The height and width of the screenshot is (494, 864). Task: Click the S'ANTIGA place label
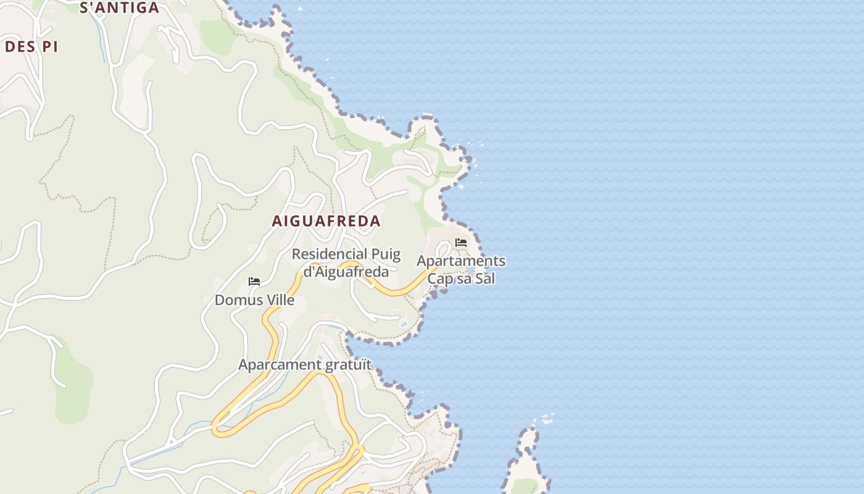(x=120, y=8)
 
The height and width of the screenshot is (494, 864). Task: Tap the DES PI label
(x=31, y=47)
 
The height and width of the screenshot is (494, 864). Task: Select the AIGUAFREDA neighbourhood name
(x=326, y=221)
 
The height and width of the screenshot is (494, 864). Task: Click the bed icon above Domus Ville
(x=254, y=282)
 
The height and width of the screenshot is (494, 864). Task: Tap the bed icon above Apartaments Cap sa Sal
(x=460, y=243)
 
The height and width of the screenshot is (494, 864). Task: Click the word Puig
(x=386, y=254)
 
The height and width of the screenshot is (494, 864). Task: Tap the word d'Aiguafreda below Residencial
(x=346, y=272)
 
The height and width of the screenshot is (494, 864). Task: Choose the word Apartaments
(x=461, y=261)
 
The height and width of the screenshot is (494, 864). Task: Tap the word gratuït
(x=349, y=365)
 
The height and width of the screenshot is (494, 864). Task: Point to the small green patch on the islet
(x=525, y=486)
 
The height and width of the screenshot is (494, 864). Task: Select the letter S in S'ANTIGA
(x=85, y=8)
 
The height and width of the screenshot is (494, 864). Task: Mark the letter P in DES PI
(x=46, y=47)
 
